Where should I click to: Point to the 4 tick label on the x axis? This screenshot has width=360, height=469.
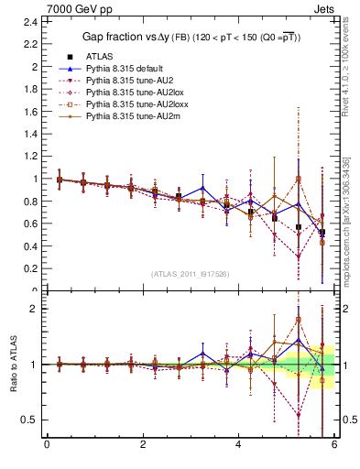click(238, 446)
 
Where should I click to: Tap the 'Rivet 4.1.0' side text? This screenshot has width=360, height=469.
click(347, 73)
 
